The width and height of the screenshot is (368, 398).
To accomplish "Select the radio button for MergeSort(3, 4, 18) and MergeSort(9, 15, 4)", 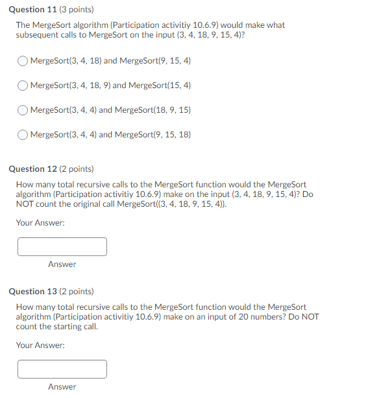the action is tap(23, 61).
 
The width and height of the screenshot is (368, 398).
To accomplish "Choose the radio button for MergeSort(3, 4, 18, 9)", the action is tap(23, 86).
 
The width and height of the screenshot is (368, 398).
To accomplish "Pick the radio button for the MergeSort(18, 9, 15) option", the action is tap(23, 110).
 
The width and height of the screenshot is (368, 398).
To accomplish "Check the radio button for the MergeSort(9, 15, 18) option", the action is tap(23, 135).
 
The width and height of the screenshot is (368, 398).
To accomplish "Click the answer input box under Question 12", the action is tap(62, 246).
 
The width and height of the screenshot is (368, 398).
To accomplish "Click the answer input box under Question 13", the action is tap(62, 369).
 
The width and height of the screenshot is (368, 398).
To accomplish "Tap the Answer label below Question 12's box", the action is tap(62, 264).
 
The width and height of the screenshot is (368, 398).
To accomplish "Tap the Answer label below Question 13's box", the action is tap(62, 387).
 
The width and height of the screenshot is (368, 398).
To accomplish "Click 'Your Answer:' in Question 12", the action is tap(40, 223).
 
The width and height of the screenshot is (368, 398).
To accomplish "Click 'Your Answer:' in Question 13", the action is tap(40, 345).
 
